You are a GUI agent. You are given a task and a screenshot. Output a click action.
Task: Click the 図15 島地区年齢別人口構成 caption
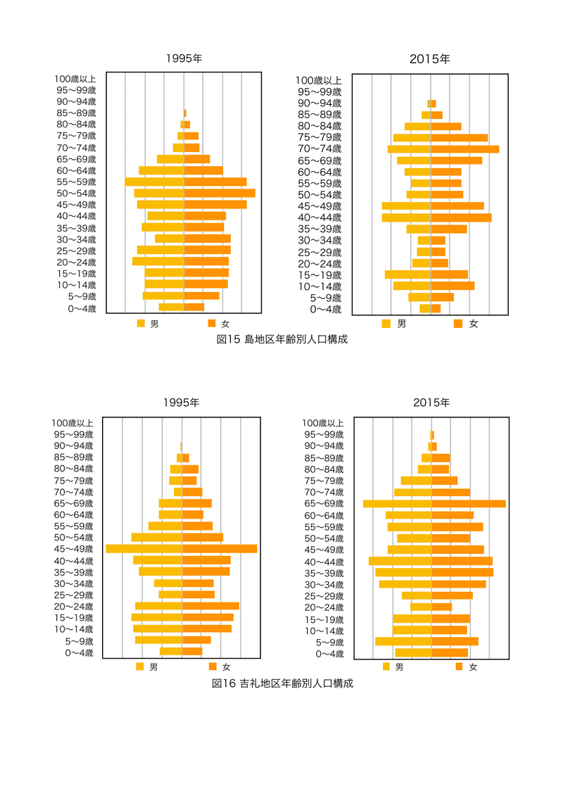[x=281, y=339]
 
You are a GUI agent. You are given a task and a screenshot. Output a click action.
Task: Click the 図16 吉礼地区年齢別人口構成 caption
[x=281, y=683]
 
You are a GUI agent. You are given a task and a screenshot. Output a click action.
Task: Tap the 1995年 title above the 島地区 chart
[x=184, y=59]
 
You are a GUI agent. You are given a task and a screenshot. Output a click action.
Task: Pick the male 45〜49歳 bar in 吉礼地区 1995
[x=144, y=549]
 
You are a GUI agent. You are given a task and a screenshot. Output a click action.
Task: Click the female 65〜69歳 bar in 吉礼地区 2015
[x=468, y=504]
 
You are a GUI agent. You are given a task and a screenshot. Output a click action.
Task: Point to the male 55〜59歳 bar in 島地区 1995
[x=154, y=182]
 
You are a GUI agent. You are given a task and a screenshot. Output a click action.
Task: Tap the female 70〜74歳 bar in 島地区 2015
[x=464, y=149]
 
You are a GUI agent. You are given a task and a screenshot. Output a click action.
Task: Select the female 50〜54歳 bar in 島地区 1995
[x=219, y=193]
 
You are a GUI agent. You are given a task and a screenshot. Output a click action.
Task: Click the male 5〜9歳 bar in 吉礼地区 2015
[x=403, y=641]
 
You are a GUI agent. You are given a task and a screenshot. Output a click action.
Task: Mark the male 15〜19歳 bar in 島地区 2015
[x=407, y=274]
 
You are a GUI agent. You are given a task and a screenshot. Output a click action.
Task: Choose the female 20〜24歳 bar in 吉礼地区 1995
[x=210, y=606]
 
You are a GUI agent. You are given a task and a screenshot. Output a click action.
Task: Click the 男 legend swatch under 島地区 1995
[x=141, y=324]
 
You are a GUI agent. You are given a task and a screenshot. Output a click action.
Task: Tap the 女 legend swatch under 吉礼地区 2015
[x=459, y=667]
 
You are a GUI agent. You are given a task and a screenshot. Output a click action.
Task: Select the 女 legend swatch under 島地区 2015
[x=458, y=324]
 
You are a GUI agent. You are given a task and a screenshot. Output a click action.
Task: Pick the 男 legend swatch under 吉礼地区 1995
[x=140, y=667]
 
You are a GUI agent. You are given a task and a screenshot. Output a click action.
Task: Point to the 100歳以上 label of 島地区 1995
[x=75, y=80]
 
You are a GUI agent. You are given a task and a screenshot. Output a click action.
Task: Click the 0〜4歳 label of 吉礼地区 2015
[x=329, y=654]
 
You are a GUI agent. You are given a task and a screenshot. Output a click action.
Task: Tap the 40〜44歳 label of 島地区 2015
[x=319, y=217]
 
